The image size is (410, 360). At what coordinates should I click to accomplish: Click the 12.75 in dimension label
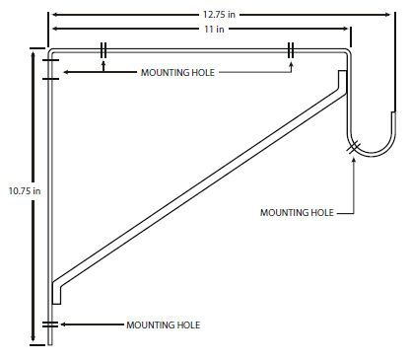pos(219,15)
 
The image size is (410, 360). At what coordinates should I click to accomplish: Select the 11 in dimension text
pos(214,29)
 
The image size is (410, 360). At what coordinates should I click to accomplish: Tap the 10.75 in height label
pos(25,191)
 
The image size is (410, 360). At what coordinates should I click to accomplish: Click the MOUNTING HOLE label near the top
pos(177,73)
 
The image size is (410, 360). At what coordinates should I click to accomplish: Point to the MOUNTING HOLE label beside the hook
pos(297,213)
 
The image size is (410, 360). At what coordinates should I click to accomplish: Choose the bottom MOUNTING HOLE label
pos(164,325)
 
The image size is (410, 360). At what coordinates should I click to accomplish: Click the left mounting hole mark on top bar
pos(103,50)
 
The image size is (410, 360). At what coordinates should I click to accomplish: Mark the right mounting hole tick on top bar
pos(291,50)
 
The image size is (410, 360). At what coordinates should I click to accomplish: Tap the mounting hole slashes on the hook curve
pos(354,147)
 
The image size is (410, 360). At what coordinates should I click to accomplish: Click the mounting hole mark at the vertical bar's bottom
pos(50,324)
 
